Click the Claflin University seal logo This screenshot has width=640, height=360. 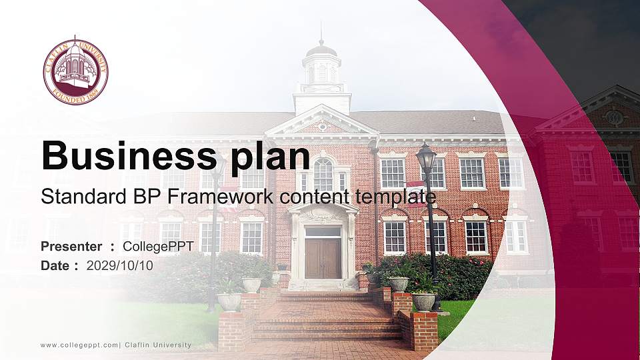click(x=75, y=71)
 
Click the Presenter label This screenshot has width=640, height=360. click(x=71, y=247)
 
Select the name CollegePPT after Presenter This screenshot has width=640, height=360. click(x=158, y=247)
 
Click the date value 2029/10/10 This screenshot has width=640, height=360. click(x=120, y=265)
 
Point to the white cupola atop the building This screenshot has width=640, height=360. click(x=322, y=77)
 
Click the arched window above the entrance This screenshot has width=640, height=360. click(x=323, y=174)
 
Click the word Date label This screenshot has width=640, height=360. click(x=55, y=265)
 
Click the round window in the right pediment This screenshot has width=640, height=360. click(x=614, y=118)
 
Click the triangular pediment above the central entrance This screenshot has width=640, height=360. click(x=322, y=121)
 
